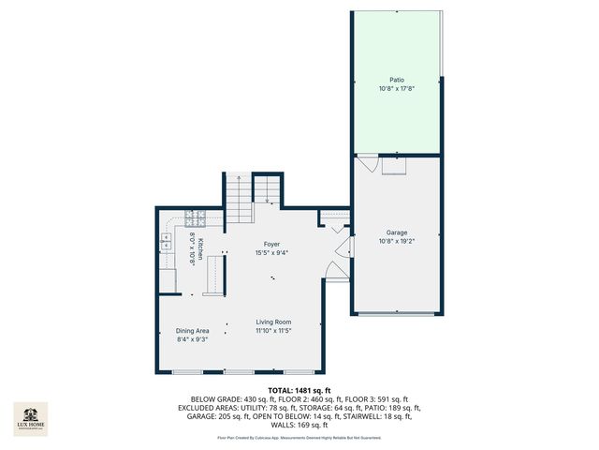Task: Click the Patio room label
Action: (x=398, y=80)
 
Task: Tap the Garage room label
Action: (x=397, y=232)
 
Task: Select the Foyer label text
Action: (x=271, y=245)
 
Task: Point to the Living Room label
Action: (x=273, y=322)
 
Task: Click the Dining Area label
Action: (x=192, y=331)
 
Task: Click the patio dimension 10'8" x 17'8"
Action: (x=398, y=89)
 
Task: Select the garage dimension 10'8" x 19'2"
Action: (x=397, y=241)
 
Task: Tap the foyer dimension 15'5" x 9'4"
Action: (x=271, y=253)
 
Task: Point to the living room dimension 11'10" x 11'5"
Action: (x=273, y=331)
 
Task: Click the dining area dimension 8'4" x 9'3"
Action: (x=192, y=339)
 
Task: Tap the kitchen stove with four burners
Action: (x=197, y=217)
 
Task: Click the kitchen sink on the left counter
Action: (x=167, y=242)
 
